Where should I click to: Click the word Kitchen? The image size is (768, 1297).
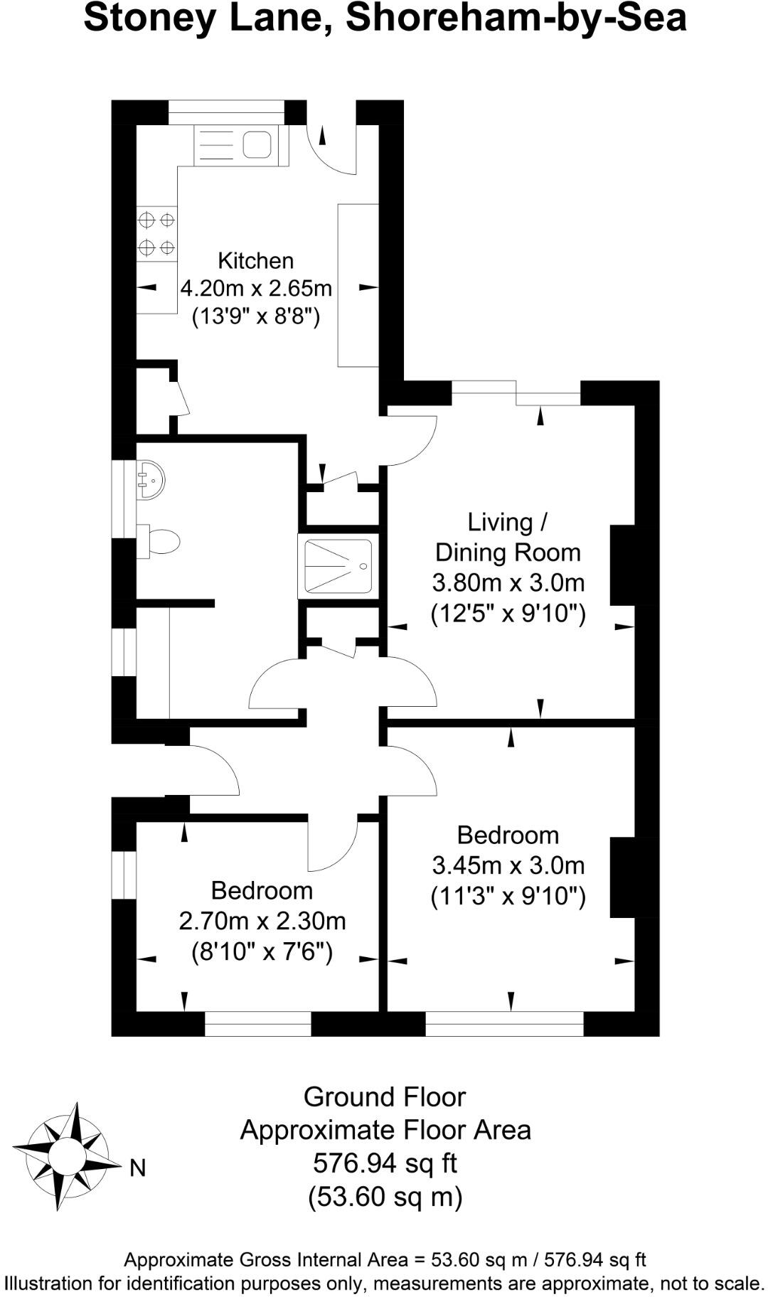coord(255,261)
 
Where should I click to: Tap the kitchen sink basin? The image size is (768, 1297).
coord(257,145)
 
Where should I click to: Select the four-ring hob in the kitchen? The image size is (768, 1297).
coord(156,234)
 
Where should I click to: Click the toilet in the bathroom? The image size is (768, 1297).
coord(162,543)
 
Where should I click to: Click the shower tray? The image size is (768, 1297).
coord(338,566)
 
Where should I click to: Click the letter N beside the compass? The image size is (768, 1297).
coord(137,1168)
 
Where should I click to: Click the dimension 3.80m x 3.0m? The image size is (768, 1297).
coord(508,583)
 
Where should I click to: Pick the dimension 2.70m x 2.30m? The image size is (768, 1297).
coord(262,922)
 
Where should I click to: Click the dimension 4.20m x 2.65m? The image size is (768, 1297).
coord(256,289)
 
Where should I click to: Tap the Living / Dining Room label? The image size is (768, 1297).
coord(508,537)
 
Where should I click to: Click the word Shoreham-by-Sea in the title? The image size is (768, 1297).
coord(516,19)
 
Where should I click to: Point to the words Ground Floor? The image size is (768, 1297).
coord(385,1097)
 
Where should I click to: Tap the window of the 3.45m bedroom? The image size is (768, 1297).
coord(504,1024)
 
